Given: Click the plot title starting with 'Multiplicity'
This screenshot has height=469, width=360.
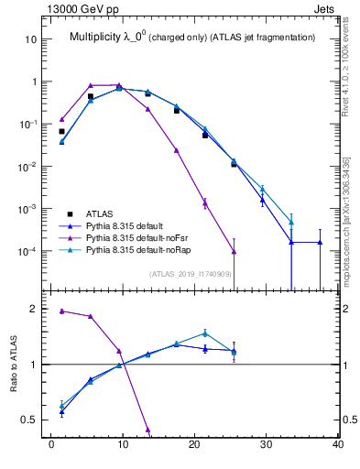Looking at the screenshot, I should tap(191, 37).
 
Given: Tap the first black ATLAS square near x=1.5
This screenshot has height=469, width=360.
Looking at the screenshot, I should tap(61, 132).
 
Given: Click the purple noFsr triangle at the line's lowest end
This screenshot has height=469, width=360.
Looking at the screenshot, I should tap(234, 251).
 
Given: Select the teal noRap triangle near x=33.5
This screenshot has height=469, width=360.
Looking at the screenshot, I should tap(291, 222).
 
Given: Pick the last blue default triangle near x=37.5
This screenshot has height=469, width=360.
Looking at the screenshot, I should tap(320, 242).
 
